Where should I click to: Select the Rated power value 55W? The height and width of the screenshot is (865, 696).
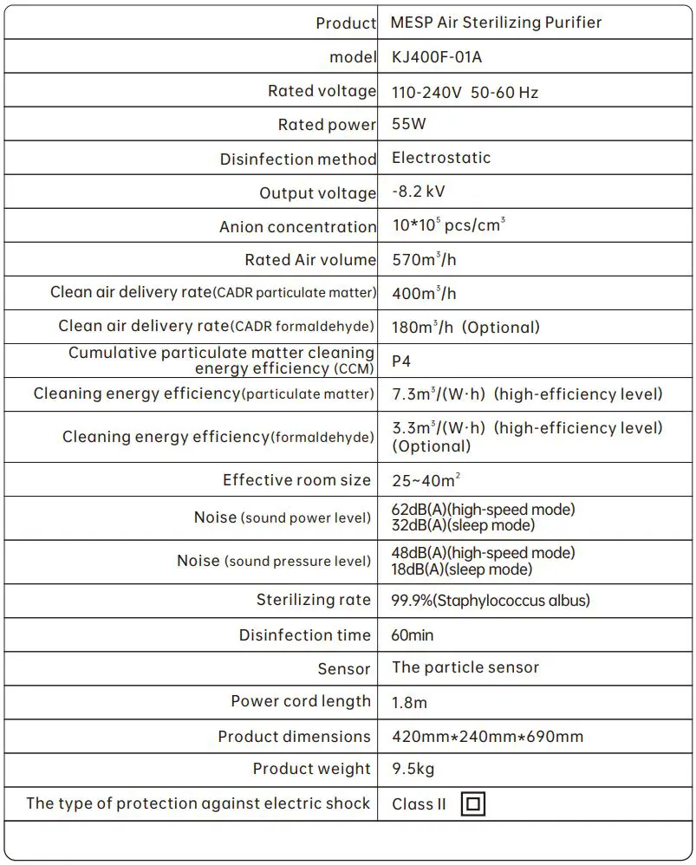tap(409, 124)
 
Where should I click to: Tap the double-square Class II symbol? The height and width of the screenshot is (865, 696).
tap(472, 803)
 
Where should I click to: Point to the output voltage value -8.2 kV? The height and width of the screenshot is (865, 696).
tap(418, 192)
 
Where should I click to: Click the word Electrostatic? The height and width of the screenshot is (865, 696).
tap(441, 158)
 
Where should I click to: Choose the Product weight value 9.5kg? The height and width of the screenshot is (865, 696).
tap(413, 769)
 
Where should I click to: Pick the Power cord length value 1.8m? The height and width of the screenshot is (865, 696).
tap(409, 702)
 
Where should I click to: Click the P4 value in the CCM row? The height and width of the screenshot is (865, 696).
tap(402, 361)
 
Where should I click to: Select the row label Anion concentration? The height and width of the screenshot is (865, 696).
tap(297, 227)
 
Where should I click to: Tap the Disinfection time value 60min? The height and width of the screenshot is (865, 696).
tap(413, 635)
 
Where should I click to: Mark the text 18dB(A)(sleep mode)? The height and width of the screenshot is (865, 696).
tap(462, 569)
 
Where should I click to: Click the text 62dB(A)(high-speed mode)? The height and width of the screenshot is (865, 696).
tap(484, 510)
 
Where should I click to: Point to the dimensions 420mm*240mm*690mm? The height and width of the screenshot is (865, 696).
tap(487, 737)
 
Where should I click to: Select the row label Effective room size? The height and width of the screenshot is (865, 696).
tap(296, 480)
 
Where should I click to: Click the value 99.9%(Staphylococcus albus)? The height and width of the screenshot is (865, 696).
tap(491, 601)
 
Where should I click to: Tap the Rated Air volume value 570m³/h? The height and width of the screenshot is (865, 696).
tap(424, 260)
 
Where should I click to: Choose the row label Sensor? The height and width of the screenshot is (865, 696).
tap(344, 669)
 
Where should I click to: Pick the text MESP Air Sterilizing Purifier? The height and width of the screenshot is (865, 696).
tap(496, 23)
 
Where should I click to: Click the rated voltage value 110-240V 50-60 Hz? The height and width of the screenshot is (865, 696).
tap(465, 92)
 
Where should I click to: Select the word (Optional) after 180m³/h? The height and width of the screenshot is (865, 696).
tap(502, 327)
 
